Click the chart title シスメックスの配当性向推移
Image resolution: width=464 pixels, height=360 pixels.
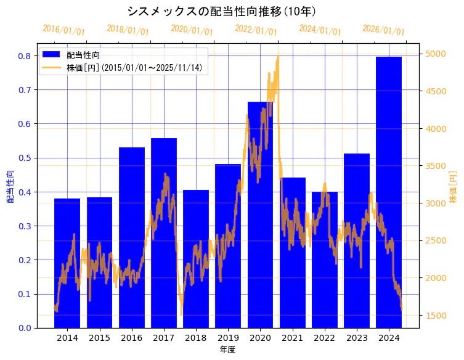pos(222,11)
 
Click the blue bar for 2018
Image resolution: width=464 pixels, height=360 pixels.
pos(196,258)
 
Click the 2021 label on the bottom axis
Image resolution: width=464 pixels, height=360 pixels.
pos(292,338)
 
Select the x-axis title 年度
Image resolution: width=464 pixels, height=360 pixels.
pos(227,350)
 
